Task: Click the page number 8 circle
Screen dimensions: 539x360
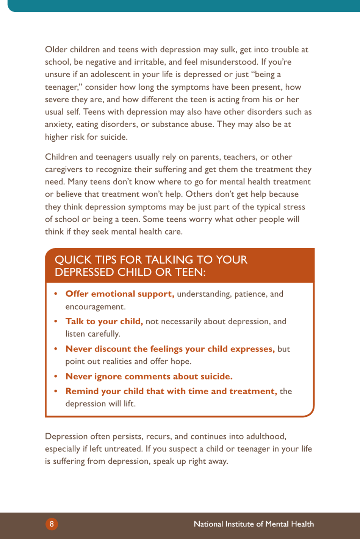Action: [52, 524]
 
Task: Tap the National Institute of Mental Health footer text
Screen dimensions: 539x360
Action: [254, 524]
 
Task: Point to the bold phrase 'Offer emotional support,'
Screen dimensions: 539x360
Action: [120, 294]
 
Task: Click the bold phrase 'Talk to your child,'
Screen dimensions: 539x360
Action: [104, 322]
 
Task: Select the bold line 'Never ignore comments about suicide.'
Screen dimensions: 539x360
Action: [149, 377]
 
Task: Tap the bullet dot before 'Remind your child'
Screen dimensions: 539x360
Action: [56, 391]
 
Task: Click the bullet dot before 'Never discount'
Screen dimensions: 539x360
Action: [56, 349]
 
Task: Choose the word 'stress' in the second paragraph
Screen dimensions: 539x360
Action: [294, 207]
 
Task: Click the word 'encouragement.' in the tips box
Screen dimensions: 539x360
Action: [95, 307]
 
